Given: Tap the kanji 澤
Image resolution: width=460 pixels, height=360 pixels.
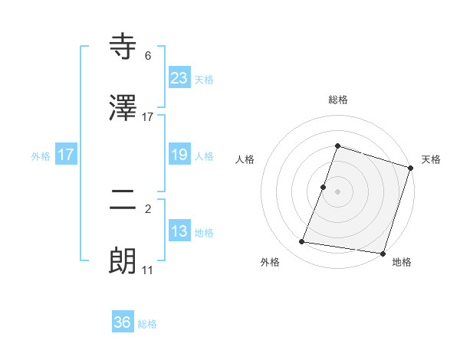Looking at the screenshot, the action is click(123, 108).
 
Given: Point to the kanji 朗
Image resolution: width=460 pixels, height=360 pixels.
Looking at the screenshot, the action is click(123, 261).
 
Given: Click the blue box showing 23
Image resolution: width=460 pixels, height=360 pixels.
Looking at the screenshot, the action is click(179, 77).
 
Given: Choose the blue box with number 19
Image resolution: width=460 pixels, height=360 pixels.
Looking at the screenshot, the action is click(179, 155).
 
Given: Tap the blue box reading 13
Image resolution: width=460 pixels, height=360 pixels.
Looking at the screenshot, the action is click(179, 231).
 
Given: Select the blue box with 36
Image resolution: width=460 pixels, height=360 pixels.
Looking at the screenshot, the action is click(123, 322).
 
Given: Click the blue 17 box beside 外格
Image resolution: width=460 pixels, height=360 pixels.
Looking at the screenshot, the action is click(66, 155).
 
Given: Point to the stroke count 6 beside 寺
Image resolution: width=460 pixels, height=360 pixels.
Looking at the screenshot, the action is click(148, 56).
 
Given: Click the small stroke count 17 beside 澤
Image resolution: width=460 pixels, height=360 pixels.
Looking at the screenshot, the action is click(148, 117).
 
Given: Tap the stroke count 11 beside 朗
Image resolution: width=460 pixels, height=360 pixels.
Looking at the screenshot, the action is click(148, 270).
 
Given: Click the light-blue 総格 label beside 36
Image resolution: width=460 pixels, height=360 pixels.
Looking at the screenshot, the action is click(147, 324).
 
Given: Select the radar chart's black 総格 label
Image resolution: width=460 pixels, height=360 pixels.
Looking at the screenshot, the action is click(337, 100).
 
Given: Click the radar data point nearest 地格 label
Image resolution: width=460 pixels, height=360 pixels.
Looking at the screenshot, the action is click(382, 253).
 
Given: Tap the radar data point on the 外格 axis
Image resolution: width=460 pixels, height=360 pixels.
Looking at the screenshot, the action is click(302, 242).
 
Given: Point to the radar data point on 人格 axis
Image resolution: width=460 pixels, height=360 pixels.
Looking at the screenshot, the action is click(324, 187).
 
